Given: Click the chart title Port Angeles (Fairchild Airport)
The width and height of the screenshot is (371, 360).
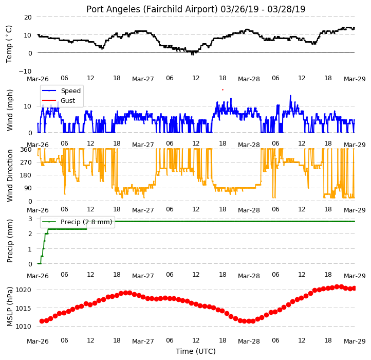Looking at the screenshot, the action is (152, 9).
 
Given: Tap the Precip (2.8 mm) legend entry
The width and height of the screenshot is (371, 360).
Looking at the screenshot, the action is (77, 222).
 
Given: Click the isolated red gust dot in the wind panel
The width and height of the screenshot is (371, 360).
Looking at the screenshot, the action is (222, 90).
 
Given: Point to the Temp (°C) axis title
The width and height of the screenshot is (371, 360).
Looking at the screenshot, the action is (9, 44).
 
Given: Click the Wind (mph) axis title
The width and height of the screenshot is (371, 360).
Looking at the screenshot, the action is (9, 110).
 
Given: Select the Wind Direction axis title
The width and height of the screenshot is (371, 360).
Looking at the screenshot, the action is (9, 175).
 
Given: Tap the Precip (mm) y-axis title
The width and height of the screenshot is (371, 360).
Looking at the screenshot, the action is (9, 241).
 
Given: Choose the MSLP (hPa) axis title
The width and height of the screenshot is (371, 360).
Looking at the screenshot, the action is (9, 307).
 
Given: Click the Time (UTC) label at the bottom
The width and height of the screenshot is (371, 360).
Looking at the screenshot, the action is (196, 351).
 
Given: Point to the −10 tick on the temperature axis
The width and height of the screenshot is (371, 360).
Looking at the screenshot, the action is (25, 71).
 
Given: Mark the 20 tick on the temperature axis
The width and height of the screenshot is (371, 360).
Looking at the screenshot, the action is (28, 17).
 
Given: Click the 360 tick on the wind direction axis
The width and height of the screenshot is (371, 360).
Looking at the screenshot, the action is (26, 150).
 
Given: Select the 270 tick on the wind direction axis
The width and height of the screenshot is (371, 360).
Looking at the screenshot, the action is (26, 162).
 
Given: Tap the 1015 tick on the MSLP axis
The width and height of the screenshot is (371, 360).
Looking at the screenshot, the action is (24, 308).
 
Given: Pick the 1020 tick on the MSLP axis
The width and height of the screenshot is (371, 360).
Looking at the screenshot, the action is (24, 290).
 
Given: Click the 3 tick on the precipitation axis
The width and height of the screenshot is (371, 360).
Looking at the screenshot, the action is (30, 219).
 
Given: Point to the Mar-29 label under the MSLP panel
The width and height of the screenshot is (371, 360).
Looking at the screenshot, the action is (355, 341).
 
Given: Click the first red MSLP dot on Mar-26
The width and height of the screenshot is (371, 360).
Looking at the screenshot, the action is (42, 321).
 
